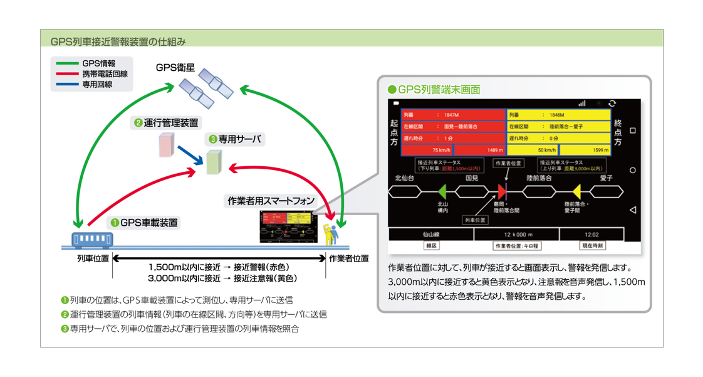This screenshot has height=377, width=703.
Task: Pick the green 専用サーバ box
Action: [x=214, y=162]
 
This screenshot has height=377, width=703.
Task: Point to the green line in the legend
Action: [x=66, y=63]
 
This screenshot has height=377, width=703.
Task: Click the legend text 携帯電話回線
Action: [x=105, y=74]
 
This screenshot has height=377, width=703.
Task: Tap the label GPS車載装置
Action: [x=148, y=222]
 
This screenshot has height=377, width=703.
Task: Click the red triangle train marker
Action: [x=502, y=191]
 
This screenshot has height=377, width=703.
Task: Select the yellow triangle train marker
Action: [x=576, y=191]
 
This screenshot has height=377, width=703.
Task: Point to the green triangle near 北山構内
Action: [x=442, y=191]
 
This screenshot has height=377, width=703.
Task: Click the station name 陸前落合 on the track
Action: [x=539, y=178]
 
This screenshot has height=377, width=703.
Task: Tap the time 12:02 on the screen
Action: [x=591, y=234]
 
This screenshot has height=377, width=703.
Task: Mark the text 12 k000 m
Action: [x=516, y=234]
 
